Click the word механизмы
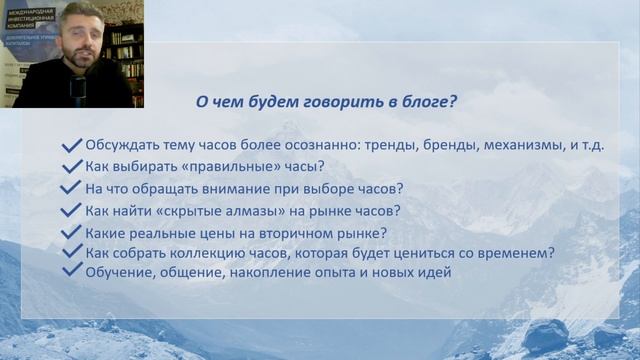click(525, 145)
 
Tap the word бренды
click(447, 145)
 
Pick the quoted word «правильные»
click(221, 166)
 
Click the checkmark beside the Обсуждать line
click(71, 144)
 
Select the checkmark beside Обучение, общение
click(71, 270)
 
